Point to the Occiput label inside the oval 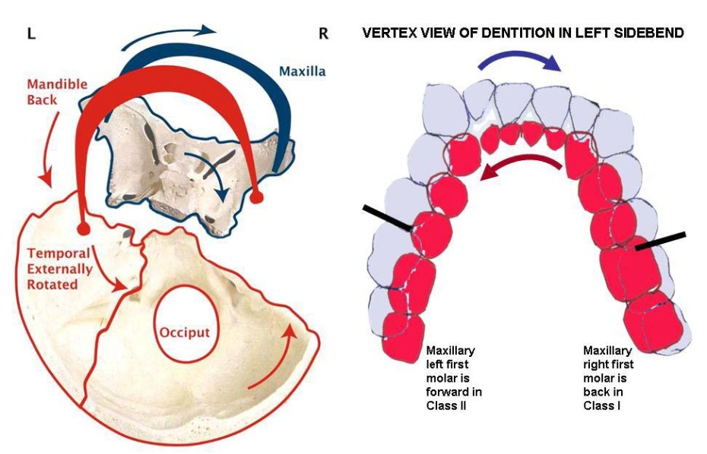[x=185, y=333]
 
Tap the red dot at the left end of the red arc [x=84, y=228]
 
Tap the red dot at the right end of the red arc [x=257, y=197]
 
